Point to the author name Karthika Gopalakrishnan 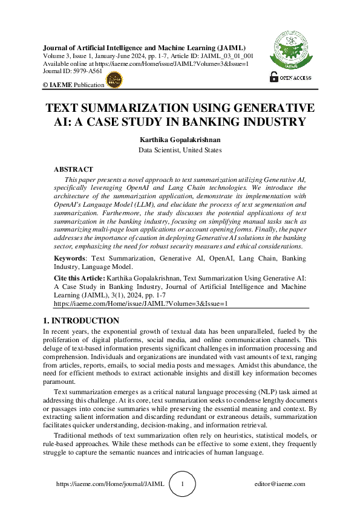[x=179, y=140]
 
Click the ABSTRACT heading [x=74, y=170]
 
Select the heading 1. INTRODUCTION [x=81, y=321]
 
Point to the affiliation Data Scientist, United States [x=179, y=149]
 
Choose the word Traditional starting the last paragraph [x=73, y=436]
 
